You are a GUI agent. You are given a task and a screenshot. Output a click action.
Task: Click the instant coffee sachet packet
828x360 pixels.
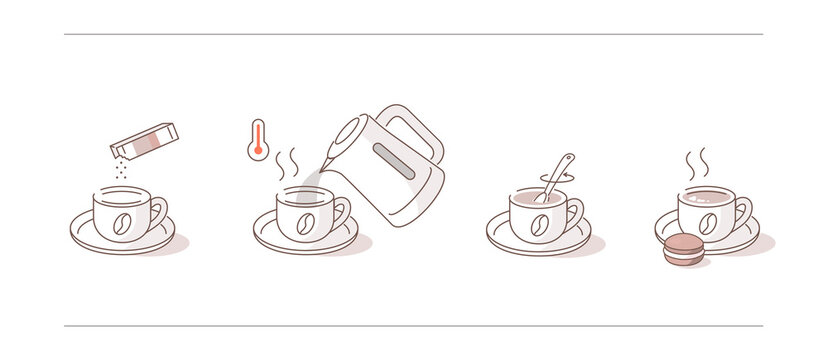143,137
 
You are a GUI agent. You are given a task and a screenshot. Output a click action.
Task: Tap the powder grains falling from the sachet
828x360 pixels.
121,168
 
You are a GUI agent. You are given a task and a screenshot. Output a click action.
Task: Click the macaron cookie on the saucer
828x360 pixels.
684,248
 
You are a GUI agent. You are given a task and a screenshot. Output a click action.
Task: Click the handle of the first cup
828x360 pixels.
159,211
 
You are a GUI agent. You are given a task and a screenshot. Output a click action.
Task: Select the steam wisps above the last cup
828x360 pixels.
697,163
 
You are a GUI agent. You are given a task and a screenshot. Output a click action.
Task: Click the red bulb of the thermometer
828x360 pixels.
258,153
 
